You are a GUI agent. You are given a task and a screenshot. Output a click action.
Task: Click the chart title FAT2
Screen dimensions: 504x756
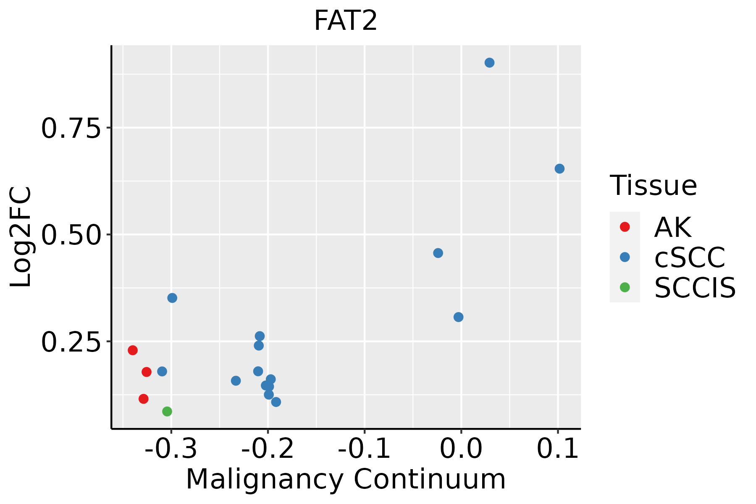point(345,21)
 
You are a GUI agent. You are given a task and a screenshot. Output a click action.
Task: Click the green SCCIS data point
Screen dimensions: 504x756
point(167,411)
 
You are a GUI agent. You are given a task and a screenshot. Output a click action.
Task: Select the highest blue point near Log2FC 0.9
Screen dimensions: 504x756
point(489,63)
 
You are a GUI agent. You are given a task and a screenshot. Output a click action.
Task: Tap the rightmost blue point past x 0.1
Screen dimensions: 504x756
point(559,168)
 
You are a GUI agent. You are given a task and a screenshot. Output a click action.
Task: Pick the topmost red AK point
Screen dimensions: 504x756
point(133,350)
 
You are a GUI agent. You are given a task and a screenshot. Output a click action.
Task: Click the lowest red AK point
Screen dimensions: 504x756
point(144,399)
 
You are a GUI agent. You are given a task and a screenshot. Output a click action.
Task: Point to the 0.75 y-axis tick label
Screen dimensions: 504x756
point(71,129)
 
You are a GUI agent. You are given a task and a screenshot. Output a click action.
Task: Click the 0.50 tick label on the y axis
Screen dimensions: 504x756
point(71,235)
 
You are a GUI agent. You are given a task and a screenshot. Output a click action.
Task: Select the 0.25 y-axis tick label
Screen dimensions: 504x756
point(71,342)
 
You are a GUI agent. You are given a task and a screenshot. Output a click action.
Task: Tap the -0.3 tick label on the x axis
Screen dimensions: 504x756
point(171,449)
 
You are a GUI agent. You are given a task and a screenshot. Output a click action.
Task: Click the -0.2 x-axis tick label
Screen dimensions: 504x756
point(268,449)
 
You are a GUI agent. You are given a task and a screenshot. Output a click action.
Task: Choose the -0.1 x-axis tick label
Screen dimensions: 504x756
point(364,449)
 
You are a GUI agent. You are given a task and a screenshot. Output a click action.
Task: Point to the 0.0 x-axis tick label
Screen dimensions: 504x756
point(461,449)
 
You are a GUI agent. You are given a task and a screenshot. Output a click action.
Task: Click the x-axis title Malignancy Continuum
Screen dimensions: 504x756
point(345,479)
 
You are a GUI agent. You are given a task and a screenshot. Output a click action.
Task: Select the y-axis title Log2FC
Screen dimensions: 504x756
point(21,237)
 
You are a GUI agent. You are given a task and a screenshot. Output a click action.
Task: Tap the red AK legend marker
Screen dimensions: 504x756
point(625,227)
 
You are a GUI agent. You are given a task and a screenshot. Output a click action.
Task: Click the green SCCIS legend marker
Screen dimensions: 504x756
point(625,287)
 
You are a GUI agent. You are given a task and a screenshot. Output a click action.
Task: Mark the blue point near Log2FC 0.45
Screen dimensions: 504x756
point(438,253)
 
